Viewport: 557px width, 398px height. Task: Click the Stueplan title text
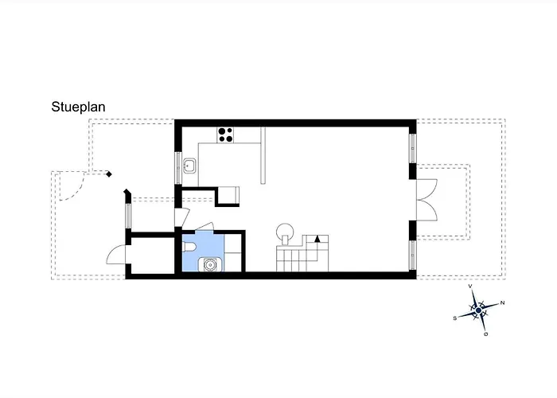pyautogui.click(x=78, y=107)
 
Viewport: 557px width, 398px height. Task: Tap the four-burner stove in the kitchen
pyautogui.click(x=225, y=135)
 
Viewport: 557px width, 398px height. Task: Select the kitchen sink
pyautogui.click(x=189, y=166)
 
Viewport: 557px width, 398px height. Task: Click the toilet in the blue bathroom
pyautogui.click(x=189, y=247)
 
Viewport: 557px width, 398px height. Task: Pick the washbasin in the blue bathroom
pyautogui.click(x=210, y=265)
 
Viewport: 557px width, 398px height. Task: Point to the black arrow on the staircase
pyautogui.click(x=317, y=239)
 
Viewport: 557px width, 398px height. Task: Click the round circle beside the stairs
pyautogui.click(x=285, y=232)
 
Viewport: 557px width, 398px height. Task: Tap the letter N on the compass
pyautogui.click(x=502, y=302)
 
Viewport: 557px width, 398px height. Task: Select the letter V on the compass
pyautogui.click(x=470, y=286)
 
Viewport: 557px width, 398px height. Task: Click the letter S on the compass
pyautogui.click(x=454, y=318)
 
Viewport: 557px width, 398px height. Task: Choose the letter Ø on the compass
pyautogui.click(x=486, y=334)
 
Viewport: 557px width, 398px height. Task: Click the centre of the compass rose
pyautogui.click(x=478, y=310)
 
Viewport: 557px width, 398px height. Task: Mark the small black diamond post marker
pyautogui.click(x=109, y=174)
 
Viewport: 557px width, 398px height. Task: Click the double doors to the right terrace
pyautogui.click(x=427, y=200)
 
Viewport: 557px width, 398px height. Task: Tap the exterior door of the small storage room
pyautogui.click(x=116, y=255)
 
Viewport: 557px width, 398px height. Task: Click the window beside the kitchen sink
pyautogui.click(x=178, y=168)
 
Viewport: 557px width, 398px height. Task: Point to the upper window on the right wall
pyautogui.click(x=412, y=148)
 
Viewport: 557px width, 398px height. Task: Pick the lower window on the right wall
pyautogui.click(x=412, y=256)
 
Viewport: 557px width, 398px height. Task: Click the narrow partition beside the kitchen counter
pyautogui.click(x=263, y=156)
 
